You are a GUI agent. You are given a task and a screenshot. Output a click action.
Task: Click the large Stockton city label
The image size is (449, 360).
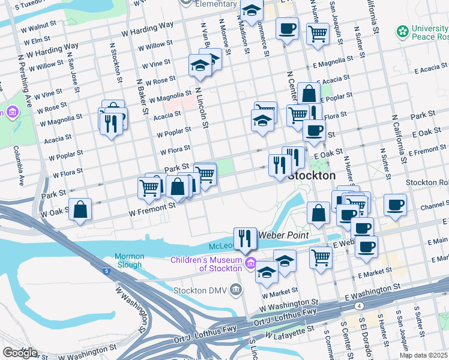click(312, 176)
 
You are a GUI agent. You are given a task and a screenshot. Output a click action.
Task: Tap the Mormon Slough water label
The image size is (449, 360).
click(128, 260)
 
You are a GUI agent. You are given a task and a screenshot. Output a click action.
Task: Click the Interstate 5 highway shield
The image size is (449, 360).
click(106, 272)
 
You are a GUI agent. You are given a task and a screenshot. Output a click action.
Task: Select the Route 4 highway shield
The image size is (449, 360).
click(358, 306)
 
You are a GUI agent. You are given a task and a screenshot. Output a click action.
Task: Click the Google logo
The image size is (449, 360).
click(20, 353)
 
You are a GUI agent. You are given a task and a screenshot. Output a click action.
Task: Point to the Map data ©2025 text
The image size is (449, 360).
click(423, 355)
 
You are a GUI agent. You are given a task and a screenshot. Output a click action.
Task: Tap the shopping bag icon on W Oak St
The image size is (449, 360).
click(80, 209)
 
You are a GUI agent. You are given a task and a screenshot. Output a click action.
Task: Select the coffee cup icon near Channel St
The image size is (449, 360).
click(396, 205)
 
